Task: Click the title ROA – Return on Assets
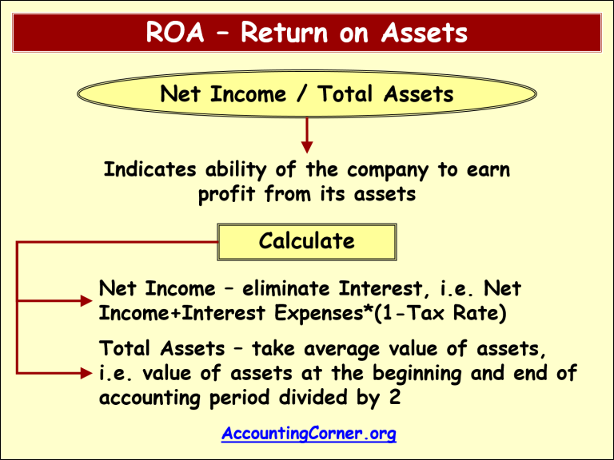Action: [307, 34]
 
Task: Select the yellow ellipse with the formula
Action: [307, 95]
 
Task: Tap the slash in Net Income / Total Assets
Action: [302, 95]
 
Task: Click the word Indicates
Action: [151, 170]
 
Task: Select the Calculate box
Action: [307, 241]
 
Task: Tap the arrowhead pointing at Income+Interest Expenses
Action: [86, 301]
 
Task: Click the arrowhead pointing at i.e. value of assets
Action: [86, 373]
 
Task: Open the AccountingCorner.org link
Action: [309, 434]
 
